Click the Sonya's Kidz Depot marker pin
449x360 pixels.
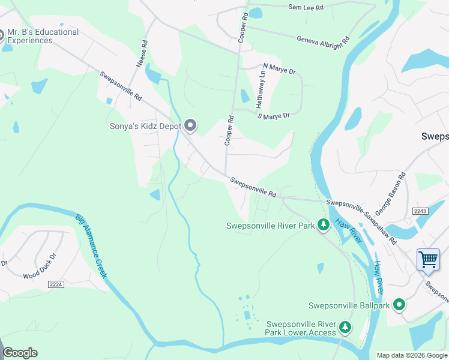tap(191, 125)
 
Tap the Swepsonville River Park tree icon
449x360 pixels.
tap(324, 226)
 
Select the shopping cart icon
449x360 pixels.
tap(428, 260)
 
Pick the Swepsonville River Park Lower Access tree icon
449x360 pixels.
tap(345, 328)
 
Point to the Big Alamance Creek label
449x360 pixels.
tap(91, 246)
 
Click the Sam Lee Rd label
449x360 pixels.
tap(306, 7)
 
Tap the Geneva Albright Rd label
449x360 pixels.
tap(323, 40)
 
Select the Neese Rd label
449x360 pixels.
tap(142, 53)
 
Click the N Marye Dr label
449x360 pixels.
tap(280, 71)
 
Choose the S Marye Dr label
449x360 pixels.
tap(274, 115)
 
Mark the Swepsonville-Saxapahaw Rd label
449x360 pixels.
tap(361, 221)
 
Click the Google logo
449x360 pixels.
tap(20, 353)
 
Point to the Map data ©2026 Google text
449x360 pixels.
tap(411, 355)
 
